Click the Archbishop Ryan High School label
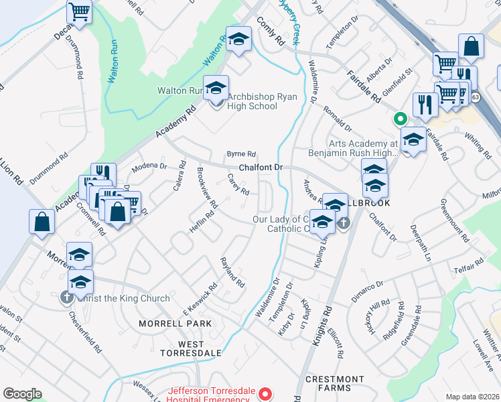252,101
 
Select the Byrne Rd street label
242,153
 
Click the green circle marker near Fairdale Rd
400,120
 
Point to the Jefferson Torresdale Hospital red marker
265,394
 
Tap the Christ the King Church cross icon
67,297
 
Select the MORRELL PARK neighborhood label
175,324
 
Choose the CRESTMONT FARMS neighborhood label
338,383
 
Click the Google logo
22,394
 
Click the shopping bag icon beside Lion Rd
42,221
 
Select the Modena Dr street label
149,165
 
